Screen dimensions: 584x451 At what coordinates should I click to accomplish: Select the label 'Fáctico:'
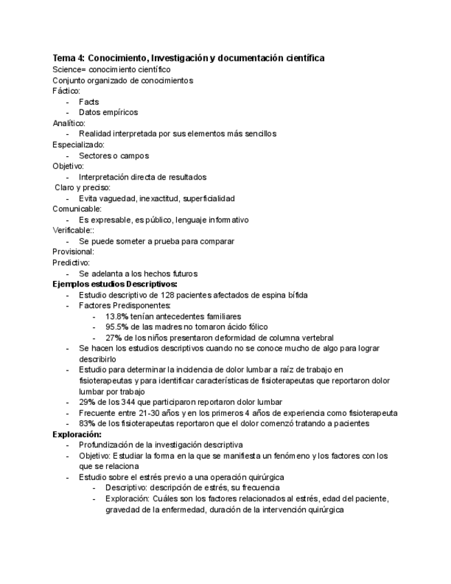(x=66, y=91)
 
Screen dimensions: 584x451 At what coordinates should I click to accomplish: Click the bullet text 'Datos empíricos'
(x=108, y=112)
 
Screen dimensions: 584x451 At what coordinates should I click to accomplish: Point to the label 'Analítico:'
(x=69, y=123)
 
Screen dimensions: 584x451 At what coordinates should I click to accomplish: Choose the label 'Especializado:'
(x=78, y=145)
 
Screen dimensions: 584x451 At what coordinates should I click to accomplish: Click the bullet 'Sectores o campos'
(x=114, y=156)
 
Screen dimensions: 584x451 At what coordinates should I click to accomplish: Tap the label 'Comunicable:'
(x=76, y=209)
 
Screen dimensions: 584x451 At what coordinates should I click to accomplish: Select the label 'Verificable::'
(x=74, y=231)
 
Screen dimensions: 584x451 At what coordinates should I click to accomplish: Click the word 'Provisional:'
(x=73, y=252)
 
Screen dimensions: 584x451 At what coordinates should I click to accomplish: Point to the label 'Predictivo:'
(x=72, y=262)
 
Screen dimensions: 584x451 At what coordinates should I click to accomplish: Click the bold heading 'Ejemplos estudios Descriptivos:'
(x=115, y=284)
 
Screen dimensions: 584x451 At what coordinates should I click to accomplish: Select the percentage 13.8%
(x=117, y=316)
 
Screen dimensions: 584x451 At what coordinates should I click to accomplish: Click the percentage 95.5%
(x=117, y=327)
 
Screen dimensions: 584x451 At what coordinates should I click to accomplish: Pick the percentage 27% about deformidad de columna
(x=114, y=338)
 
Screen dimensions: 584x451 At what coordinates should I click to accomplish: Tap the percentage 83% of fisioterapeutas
(x=87, y=424)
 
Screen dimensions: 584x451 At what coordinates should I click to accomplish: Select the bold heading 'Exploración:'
(x=77, y=435)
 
